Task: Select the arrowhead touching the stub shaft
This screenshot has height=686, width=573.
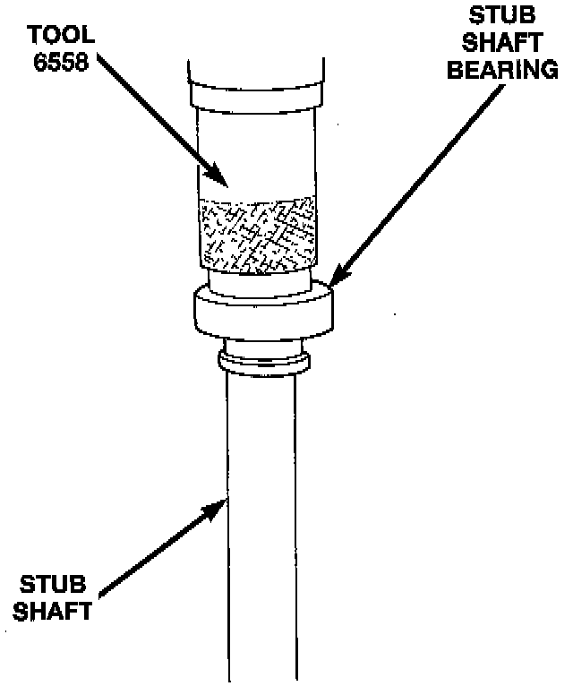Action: coord(218,507)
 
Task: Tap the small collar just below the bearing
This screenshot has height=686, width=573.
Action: coord(264,360)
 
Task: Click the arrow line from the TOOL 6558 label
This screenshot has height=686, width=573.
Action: coord(152,116)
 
